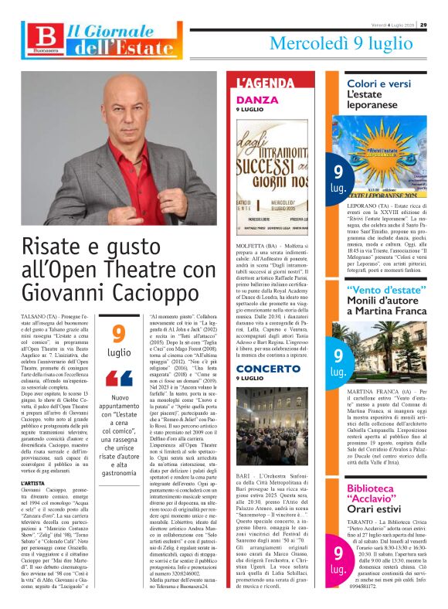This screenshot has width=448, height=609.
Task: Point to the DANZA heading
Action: [x=256, y=100]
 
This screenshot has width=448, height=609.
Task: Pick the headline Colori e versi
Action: [x=378, y=83]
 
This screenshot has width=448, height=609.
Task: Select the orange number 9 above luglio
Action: [x=118, y=334]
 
